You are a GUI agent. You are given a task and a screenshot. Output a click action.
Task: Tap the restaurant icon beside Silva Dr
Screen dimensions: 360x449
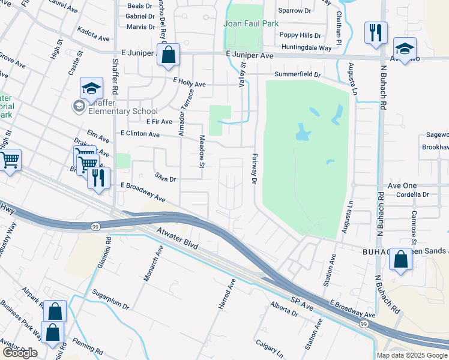tap(98, 178)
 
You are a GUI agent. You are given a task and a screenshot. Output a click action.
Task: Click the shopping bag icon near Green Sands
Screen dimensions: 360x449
tap(400, 260)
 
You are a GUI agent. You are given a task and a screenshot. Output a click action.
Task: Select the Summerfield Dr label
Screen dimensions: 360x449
tap(298, 75)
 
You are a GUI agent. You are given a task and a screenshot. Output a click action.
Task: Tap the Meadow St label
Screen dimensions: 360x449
tap(202, 152)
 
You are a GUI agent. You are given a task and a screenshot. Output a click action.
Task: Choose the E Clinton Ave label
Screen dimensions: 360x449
tap(140, 134)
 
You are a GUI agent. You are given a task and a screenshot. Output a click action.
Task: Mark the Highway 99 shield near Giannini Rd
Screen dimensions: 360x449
tap(95, 226)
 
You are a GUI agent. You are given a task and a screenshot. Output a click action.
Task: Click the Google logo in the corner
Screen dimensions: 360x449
tap(20, 353)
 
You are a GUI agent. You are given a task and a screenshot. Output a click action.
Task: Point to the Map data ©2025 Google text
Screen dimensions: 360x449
tap(412, 355)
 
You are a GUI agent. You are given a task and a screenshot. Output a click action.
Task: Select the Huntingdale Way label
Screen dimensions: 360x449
tap(306, 47)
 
